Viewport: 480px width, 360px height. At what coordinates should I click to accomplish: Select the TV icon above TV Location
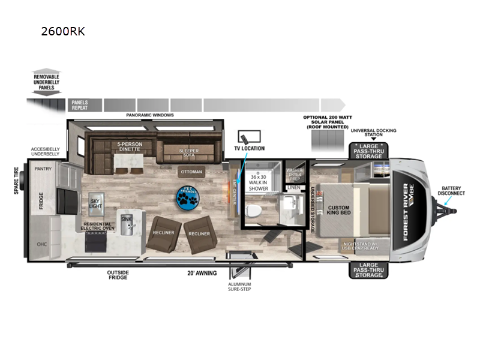tap(248, 137)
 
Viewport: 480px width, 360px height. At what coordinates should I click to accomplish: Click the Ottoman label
tap(192, 172)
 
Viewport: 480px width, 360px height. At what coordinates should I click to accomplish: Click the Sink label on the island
tap(125, 220)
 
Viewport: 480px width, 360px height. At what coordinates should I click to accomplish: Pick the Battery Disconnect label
tap(453, 191)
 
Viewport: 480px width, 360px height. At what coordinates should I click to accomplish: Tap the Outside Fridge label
tap(118, 275)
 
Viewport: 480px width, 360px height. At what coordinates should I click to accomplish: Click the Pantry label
tap(43, 169)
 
